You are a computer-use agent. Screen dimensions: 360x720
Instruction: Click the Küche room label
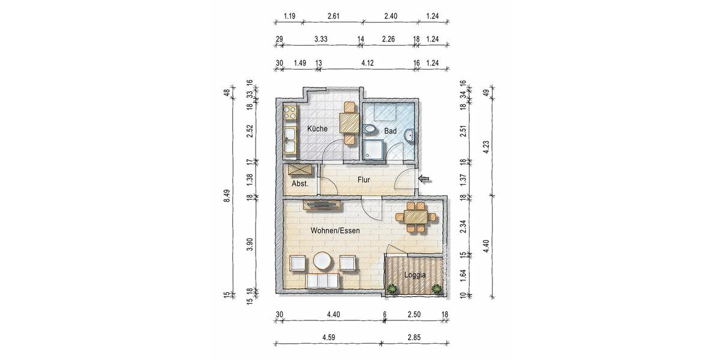pos(317,129)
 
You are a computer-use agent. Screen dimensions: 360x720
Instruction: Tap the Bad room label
pos(391,130)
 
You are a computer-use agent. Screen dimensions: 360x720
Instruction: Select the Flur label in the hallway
pos(364,179)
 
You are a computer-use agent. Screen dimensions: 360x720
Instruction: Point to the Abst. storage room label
pos(300,184)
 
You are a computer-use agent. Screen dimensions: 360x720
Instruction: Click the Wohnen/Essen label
pos(335,230)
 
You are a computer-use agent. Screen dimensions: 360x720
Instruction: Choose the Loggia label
pos(415,275)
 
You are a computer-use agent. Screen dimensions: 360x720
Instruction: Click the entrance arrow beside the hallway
pos(425,178)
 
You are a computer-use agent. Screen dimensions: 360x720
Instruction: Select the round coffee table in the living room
pos(322,262)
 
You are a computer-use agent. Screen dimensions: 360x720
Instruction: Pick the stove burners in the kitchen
pos(289,112)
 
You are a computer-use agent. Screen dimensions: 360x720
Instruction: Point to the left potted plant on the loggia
pos(392,289)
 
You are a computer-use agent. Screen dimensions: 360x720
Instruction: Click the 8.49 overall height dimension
pos(227,196)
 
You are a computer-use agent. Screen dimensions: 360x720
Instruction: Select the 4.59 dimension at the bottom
pos(328,338)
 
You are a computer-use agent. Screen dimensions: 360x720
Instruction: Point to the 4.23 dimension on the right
pos(487,145)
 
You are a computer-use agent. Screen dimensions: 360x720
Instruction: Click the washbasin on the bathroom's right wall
pos(409,137)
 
